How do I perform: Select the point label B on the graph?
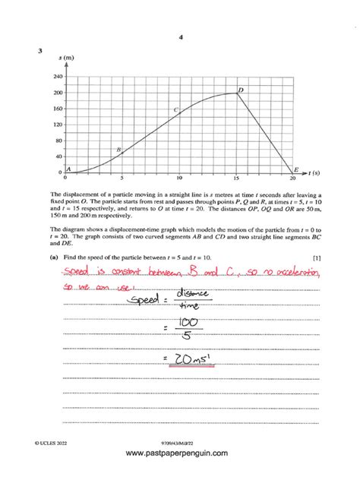[x=118, y=150]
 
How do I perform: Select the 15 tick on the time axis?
[x=236, y=178]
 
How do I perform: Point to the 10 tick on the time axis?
[x=179, y=178]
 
